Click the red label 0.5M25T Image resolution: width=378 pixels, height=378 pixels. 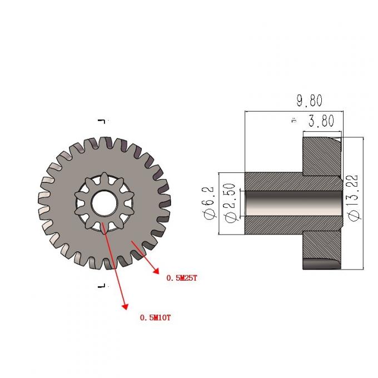pos(182,277)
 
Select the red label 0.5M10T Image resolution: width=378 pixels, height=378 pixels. pos(155,317)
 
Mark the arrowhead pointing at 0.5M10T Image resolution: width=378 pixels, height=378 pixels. pos(125,306)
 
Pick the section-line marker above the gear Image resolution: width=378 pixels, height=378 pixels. pos(102,121)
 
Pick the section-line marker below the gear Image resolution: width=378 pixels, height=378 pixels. pos(102,286)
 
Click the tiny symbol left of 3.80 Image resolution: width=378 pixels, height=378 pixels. pos(292,120)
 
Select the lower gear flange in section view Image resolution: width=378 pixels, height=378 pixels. pos(321,250)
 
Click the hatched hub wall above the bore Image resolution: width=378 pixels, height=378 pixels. pos(272,181)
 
